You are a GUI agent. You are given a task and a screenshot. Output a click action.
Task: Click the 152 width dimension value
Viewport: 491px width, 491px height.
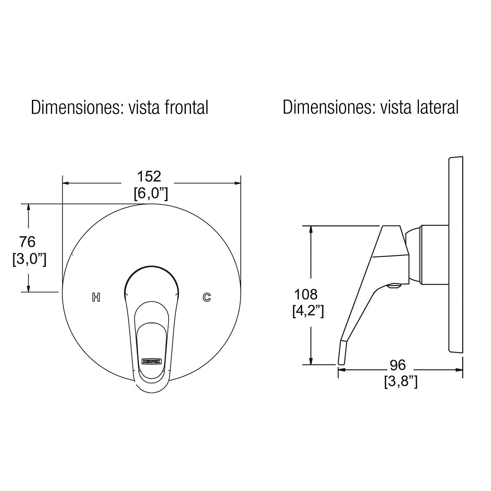tap(150, 176)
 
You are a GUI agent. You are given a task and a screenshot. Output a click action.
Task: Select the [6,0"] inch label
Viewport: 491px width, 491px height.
tap(151, 193)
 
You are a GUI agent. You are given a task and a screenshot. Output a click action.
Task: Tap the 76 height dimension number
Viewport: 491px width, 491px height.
tap(28, 241)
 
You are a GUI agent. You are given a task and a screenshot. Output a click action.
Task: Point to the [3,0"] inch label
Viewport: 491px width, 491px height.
tap(29, 259)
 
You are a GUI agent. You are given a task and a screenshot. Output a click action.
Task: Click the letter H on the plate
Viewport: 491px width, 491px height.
tap(96, 297)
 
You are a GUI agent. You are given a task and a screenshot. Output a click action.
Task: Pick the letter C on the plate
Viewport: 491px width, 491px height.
tap(207, 297)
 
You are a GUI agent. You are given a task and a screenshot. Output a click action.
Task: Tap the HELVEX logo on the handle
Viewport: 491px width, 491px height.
tap(151, 361)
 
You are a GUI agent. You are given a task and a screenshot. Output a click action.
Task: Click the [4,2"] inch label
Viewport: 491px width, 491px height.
tap(308, 311)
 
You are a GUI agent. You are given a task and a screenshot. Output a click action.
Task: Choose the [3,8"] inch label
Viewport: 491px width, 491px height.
tap(401, 382)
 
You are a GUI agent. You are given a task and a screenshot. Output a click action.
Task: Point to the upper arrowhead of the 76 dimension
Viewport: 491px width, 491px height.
tap(28, 207)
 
